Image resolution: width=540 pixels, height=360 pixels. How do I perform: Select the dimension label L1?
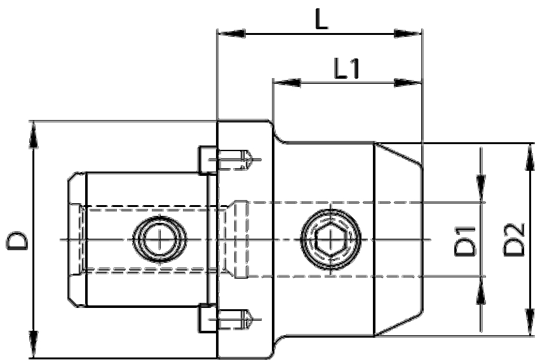click(347, 69)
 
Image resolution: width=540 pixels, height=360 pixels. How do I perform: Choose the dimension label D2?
click(515, 239)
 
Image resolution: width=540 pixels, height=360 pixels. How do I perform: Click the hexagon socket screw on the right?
click(330, 239)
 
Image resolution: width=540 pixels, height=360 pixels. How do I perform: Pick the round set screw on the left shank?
click(161, 240)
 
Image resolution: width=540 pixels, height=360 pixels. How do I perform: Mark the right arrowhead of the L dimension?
click(407, 32)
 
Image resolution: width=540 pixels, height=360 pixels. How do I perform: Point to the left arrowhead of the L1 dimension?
click(287, 83)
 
